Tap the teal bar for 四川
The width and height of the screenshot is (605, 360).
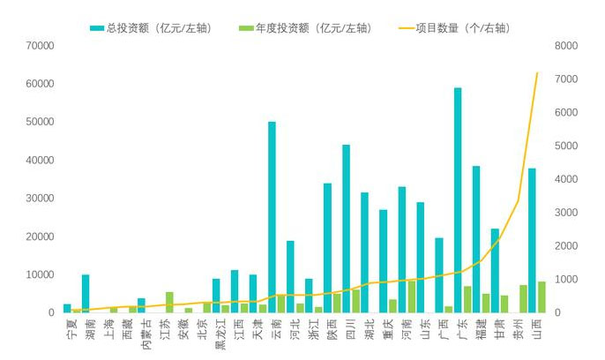[346, 229]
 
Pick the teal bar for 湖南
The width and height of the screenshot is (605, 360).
[86, 294]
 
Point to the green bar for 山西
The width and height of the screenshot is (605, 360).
[541, 297]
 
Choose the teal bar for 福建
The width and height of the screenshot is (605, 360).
[476, 239]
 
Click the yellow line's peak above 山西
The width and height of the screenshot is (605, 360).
[536, 73]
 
